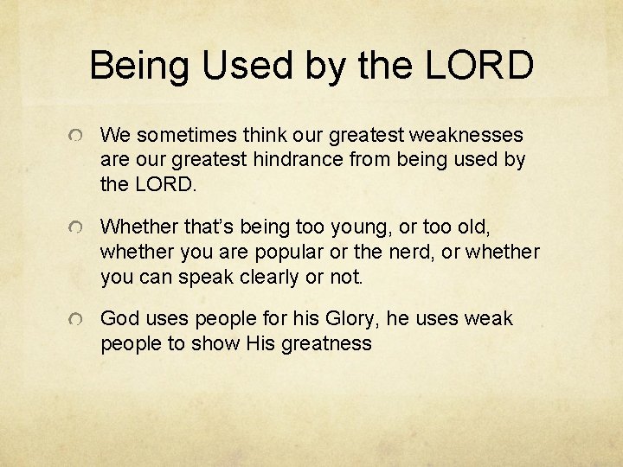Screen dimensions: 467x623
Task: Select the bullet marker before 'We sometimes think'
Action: click(78, 137)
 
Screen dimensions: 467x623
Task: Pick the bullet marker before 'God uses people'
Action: click(78, 320)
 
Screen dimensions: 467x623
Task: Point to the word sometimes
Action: click(177, 136)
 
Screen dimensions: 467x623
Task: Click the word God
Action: click(119, 319)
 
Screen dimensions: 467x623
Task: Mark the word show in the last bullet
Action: click(215, 343)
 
